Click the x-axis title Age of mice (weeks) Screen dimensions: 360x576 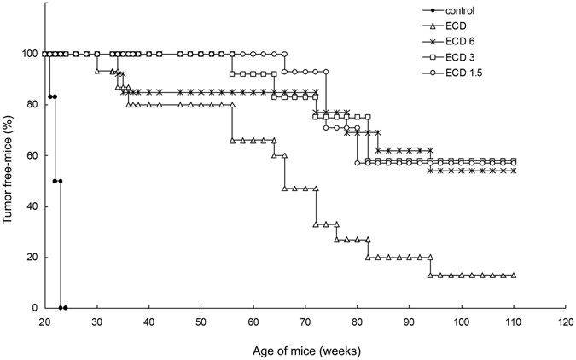[305, 351]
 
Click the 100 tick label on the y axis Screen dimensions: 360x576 [29, 54]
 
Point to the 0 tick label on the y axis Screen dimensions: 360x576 [34, 308]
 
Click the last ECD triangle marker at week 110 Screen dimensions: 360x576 [513, 276]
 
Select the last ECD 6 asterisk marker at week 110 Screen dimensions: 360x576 [513, 171]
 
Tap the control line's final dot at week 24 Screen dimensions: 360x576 [65, 308]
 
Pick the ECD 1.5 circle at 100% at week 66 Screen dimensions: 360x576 [284, 54]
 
